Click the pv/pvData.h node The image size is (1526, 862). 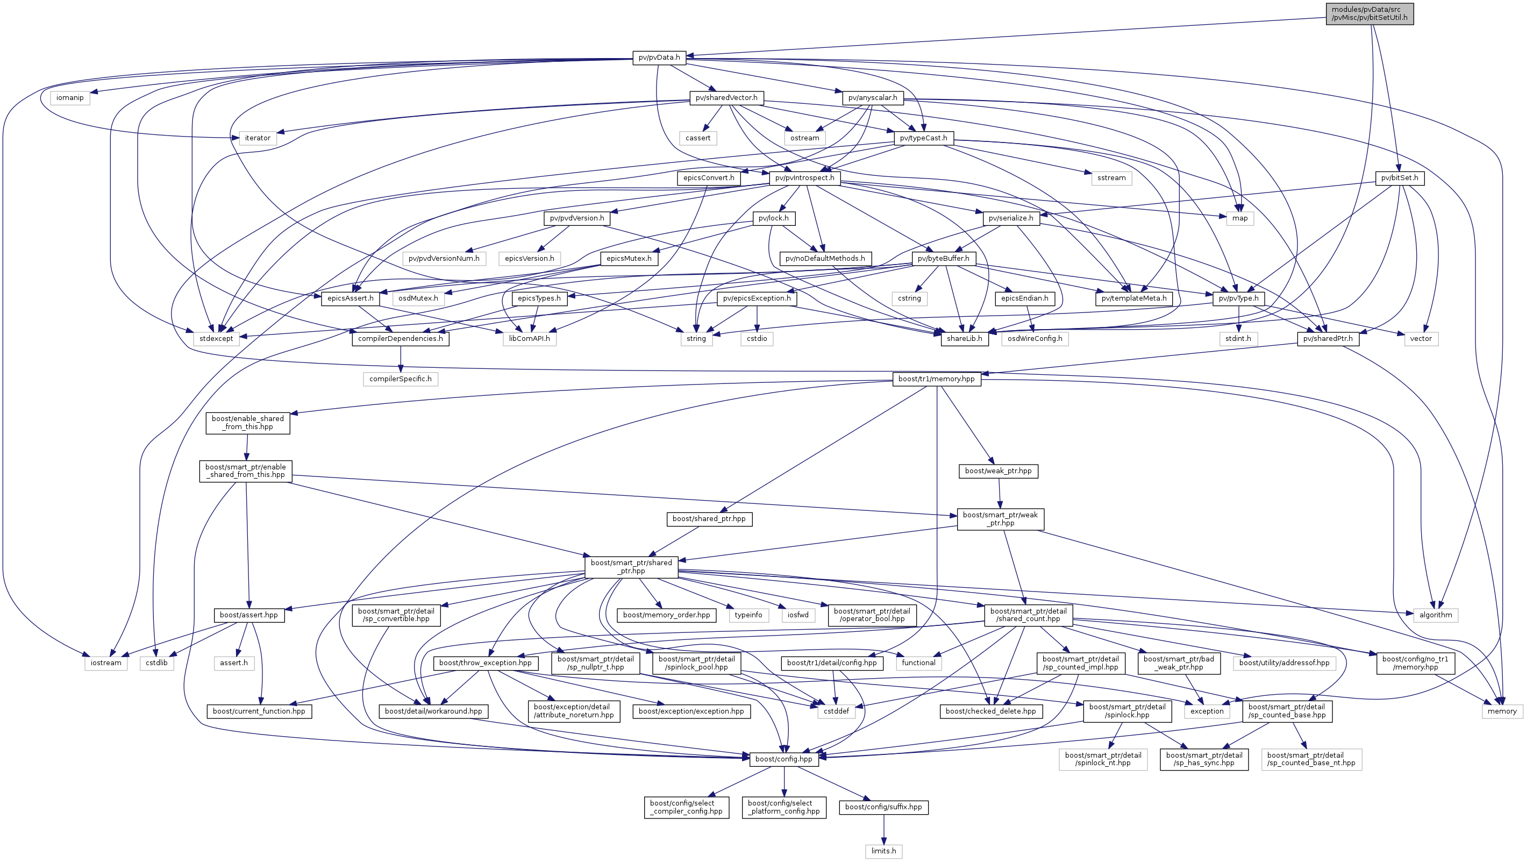659,58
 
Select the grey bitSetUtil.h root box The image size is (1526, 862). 1369,13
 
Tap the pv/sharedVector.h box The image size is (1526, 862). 726,98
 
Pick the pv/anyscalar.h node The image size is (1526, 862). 872,98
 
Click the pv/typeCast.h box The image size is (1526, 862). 923,138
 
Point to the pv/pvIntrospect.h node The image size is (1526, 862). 804,178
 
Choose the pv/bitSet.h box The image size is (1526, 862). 1399,178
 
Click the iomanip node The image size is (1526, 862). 70,98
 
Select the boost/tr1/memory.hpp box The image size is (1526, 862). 936,379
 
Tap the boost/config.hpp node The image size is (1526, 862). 784,759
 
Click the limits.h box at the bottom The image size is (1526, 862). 883,851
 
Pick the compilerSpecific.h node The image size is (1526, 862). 401,379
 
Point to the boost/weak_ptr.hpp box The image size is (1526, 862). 997,471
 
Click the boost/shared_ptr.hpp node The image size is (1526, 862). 709,519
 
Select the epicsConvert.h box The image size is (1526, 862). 709,178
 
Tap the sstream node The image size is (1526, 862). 1111,178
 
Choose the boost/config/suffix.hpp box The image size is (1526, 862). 883,807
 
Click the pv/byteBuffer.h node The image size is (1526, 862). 943,258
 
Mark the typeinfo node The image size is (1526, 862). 748,615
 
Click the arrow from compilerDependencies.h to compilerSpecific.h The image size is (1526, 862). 401,359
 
